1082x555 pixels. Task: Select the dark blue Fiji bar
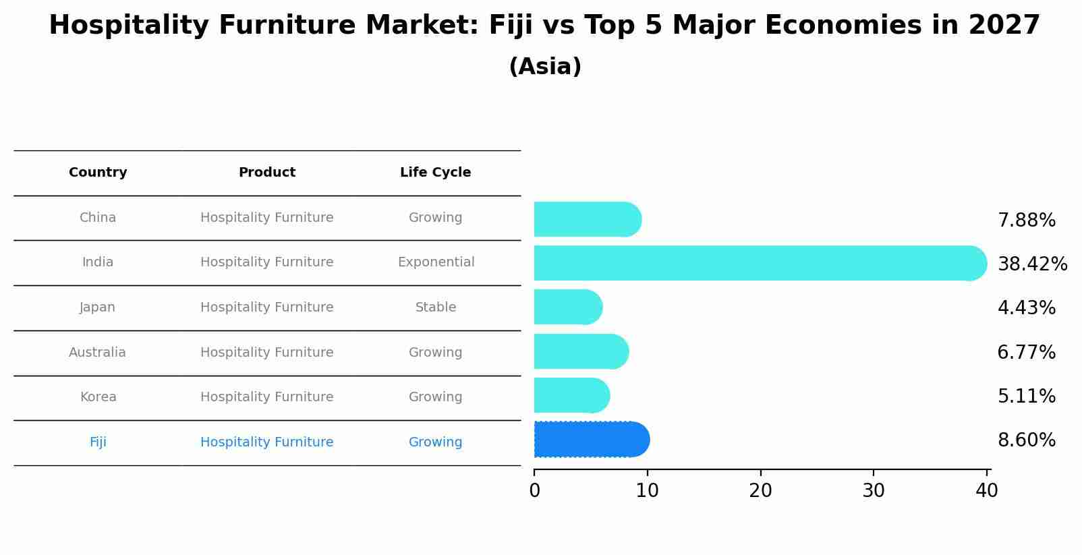[591, 440]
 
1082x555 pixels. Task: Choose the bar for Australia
[581, 351]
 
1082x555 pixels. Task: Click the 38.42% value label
[1032, 264]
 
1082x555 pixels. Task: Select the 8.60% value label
[1026, 440]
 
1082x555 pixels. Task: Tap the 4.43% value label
[1026, 308]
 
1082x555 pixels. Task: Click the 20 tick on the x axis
[760, 491]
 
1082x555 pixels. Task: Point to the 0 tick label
[534, 491]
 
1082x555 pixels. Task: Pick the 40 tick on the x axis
[986, 491]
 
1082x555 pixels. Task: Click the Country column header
[98, 173]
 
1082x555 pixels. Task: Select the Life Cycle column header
[435, 173]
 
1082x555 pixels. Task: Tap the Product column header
[267, 173]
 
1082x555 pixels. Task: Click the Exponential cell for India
[436, 262]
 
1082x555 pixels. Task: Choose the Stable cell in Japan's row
[436, 308]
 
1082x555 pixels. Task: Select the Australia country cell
[97, 353]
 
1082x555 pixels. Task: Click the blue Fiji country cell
[98, 442]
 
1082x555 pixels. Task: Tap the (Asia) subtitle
[545, 67]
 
